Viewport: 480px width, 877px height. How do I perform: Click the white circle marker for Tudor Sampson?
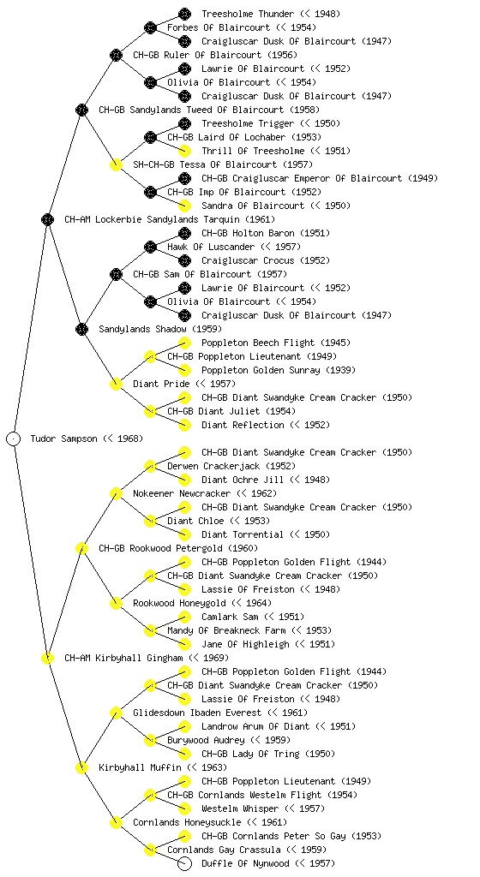14,438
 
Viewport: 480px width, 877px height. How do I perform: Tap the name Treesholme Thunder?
248,14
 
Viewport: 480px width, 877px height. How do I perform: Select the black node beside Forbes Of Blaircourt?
150,27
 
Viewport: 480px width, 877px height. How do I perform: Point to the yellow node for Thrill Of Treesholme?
184,151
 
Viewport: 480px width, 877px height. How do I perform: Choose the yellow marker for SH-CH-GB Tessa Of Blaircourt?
116,164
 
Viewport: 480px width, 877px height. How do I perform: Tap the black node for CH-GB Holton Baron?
184,233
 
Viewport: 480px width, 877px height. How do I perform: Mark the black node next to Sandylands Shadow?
81,329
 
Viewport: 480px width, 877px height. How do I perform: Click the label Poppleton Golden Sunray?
261,370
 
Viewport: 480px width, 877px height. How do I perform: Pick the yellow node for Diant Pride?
116,384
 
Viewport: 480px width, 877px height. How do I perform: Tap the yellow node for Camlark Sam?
184,617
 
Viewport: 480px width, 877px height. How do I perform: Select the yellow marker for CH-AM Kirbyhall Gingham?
47,658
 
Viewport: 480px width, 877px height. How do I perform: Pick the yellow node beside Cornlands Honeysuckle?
116,822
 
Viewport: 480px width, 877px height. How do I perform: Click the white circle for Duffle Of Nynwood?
184,863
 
